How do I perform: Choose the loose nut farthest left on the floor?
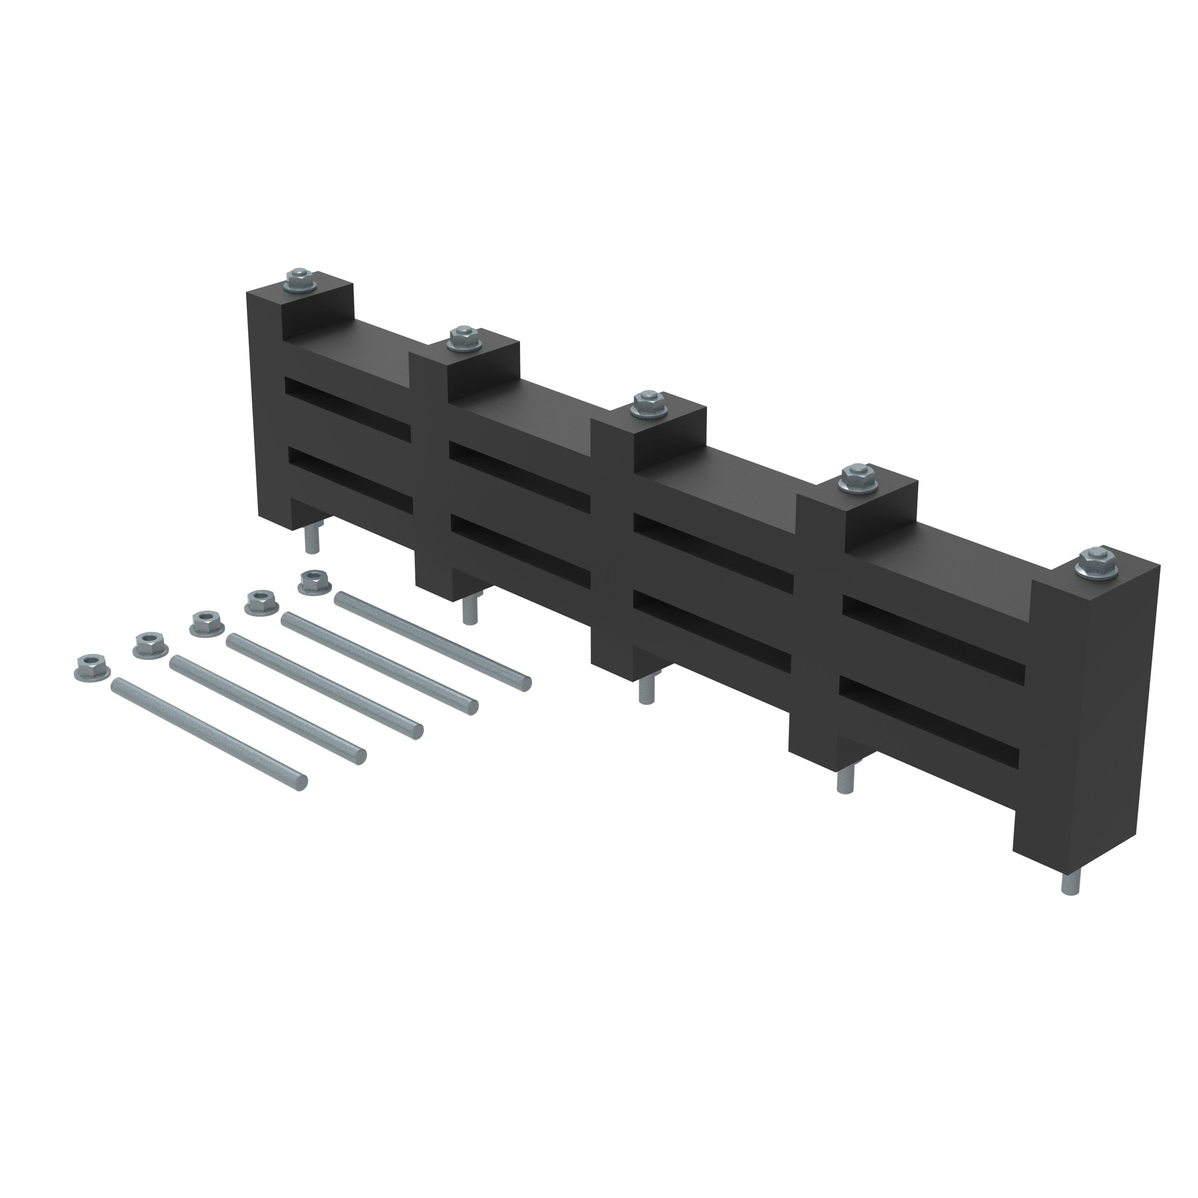pos(90,665)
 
